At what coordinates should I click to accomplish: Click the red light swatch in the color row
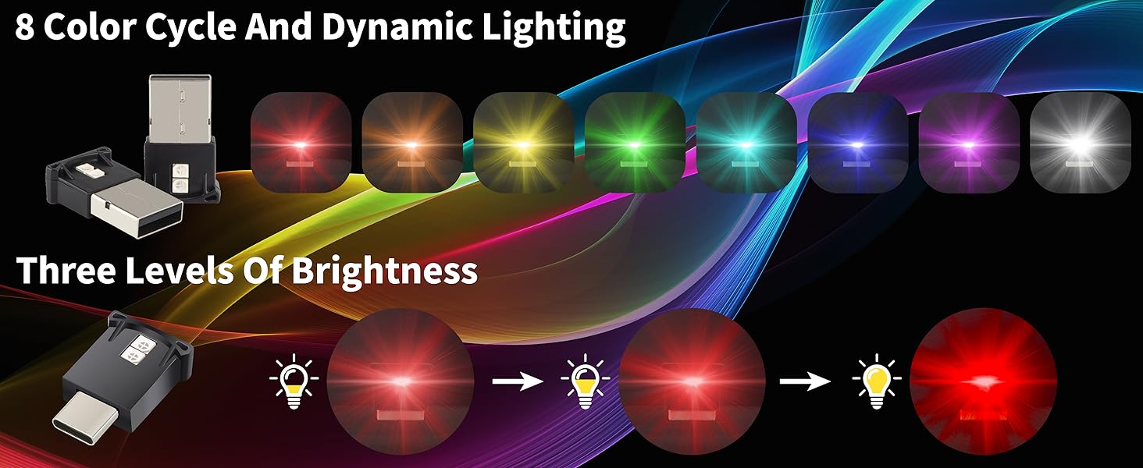pos(301,142)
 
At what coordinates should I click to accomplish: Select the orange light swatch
pos(412,142)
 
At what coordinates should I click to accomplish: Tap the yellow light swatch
pos(524,142)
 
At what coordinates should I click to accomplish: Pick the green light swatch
pos(635,142)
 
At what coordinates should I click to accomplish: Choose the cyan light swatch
pos(746,142)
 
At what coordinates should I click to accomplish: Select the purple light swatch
pos(969,142)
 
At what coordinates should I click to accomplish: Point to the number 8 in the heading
pos(24,27)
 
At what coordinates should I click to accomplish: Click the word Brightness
pos(384,270)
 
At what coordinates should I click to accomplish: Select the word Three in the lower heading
pos(66,270)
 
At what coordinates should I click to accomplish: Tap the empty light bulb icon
pos(294,381)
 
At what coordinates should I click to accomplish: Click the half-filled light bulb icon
pos(585,381)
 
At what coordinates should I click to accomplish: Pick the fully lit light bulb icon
pos(876,381)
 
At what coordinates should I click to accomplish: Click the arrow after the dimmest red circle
pos(518,381)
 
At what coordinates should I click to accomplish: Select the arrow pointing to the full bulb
pos(805,381)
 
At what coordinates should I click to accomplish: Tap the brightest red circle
pos(983,381)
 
